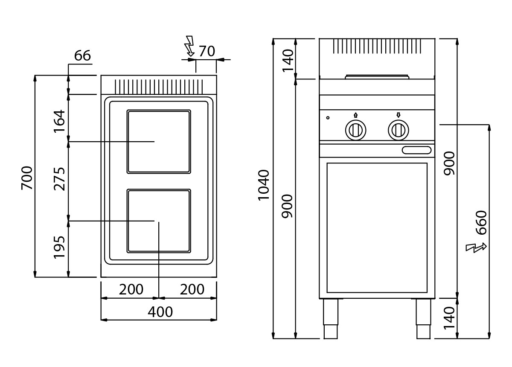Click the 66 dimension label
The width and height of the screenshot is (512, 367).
click(x=82, y=55)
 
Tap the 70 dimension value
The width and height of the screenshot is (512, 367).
click(x=207, y=51)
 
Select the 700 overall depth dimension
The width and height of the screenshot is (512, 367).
click(x=27, y=178)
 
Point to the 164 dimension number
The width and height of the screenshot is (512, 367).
click(x=59, y=122)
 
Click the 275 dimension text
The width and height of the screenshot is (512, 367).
click(x=59, y=179)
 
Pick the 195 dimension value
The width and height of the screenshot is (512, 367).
click(x=59, y=248)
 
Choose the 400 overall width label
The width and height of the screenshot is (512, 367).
click(x=160, y=312)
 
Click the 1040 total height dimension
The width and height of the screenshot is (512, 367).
click(x=264, y=185)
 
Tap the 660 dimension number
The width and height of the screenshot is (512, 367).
click(x=481, y=223)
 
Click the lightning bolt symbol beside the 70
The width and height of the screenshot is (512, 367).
click(x=190, y=46)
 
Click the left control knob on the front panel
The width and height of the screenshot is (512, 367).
click(x=356, y=130)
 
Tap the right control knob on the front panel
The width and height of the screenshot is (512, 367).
click(x=399, y=130)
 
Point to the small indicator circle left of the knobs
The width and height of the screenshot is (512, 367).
click(x=328, y=118)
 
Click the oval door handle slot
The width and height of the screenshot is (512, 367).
click(x=417, y=150)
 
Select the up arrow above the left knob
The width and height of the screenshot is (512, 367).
click(x=356, y=115)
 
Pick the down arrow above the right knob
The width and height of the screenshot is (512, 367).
click(x=399, y=115)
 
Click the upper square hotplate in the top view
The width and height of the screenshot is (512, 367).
click(x=159, y=142)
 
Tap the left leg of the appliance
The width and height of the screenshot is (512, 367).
click(x=331, y=319)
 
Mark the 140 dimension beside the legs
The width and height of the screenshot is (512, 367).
click(x=449, y=318)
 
